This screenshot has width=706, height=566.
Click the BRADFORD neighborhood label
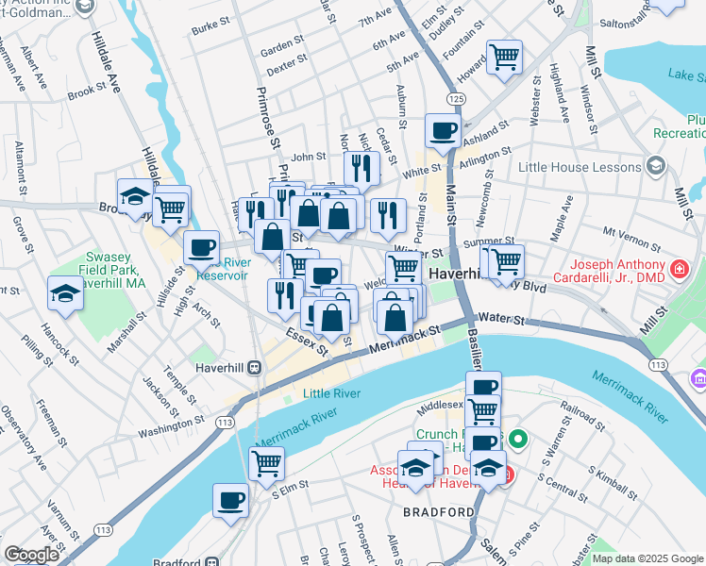pyautogui.click(x=438, y=512)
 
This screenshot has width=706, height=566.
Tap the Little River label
pyautogui.click(x=331, y=393)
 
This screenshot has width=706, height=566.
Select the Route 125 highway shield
pyautogui.click(x=457, y=98)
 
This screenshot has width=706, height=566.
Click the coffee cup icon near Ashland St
pyautogui.click(x=442, y=131)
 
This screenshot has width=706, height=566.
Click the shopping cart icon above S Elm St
pyautogui.click(x=266, y=462)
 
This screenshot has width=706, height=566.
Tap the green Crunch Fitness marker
pyautogui.click(x=517, y=439)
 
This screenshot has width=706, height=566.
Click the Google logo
pyautogui.click(x=30, y=556)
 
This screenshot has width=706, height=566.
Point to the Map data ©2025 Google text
pyautogui.click(x=647, y=558)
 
